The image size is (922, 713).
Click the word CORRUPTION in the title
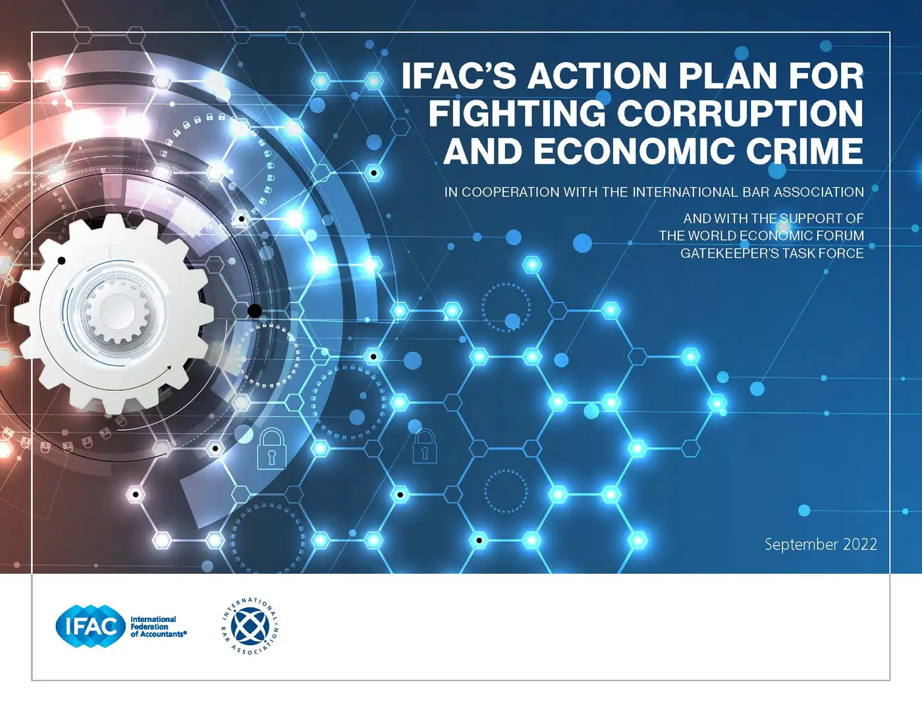coord(740,113)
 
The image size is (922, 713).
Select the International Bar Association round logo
coord(250,626)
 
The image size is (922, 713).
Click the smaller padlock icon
coord(425,446)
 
